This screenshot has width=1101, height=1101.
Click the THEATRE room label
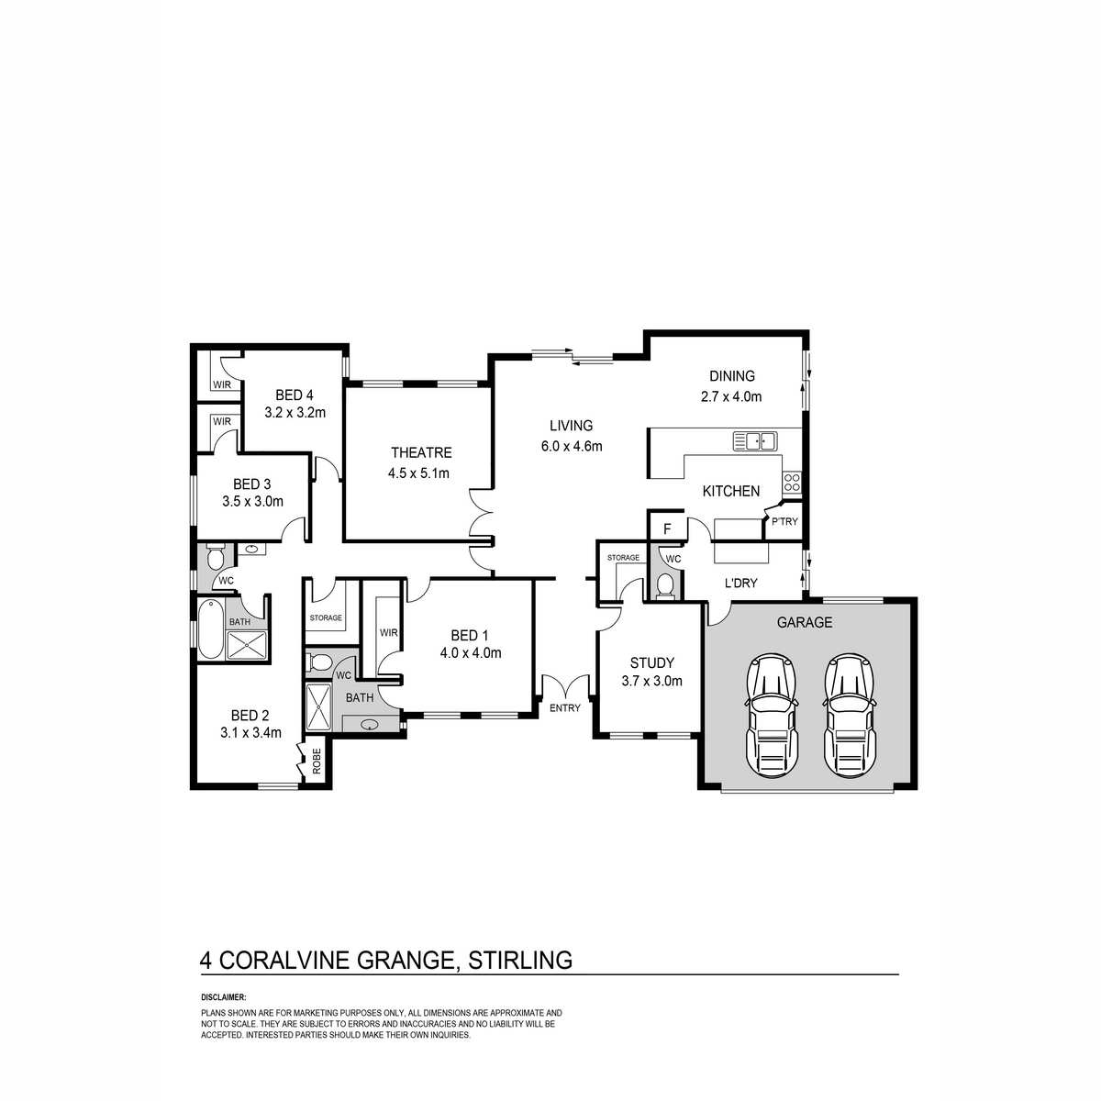pyautogui.click(x=421, y=452)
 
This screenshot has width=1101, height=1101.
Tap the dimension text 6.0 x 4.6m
pyautogui.click(x=572, y=446)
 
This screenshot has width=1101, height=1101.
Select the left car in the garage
pyautogui.click(x=772, y=715)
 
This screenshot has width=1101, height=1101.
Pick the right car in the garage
pyautogui.click(x=850, y=715)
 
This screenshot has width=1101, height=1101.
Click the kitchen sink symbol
pyautogui.click(x=755, y=441)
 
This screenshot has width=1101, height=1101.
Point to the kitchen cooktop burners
pyautogui.click(x=792, y=482)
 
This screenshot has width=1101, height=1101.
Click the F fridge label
pyautogui.click(x=667, y=529)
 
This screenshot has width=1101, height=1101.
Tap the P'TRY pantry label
pyautogui.click(x=784, y=521)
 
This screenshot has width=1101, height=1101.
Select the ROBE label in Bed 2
pyautogui.click(x=317, y=761)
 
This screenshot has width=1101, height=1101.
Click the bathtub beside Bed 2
pyautogui.click(x=211, y=628)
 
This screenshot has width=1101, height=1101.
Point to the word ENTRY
pyautogui.click(x=565, y=708)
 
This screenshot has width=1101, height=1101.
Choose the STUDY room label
pyautogui.click(x=652, y=662)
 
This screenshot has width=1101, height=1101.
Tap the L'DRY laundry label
pyautogui.click(x=740, y=583)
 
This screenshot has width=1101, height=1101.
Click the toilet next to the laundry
pyautogui.click(x=664, y=586)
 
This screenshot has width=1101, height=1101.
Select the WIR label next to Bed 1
pyautogui.click(x=388, y=632)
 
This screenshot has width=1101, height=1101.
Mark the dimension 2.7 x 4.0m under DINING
pyautogui.click(x=731, y=396)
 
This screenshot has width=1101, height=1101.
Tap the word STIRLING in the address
pyautogui.click(x=520, y=960)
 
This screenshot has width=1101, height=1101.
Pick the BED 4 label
pyautogui.click(x=295, y=395)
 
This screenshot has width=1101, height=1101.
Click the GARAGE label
pyautogui.click(x=805, y=622)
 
